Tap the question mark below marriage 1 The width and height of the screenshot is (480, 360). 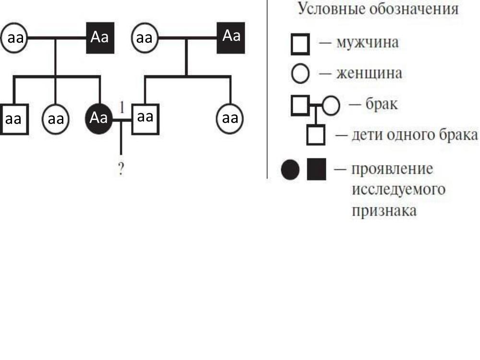pos(121,168)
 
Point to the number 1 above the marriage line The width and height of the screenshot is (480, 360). pos(121,107)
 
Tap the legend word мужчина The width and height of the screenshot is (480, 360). pos(368,43)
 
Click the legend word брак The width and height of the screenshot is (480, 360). pos(382,104)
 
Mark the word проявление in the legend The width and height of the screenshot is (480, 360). pos(392,169)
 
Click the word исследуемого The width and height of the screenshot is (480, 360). pos(398,190)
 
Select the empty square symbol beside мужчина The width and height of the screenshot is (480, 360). pos(300,45)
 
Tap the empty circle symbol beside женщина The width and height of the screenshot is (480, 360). pos(301,74)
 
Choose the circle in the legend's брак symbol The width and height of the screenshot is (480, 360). pos(331,106)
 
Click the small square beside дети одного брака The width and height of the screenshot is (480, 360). pos(316,135)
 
